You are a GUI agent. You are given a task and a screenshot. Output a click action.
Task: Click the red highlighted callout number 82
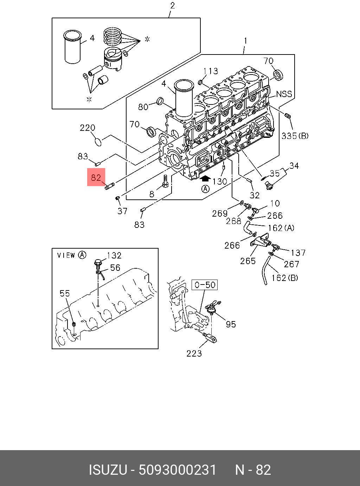tap(96, 178)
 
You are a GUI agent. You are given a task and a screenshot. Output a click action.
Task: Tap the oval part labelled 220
tap(99, 142)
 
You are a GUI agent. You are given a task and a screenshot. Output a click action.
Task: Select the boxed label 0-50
tap(205, 284)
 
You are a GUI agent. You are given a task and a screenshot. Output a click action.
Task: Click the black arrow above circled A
tap(205, 179)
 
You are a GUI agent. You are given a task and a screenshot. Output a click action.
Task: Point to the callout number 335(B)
tap(295, 136)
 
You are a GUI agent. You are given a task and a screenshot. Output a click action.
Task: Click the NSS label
tap(284, 94)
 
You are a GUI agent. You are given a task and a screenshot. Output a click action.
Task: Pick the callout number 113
tap(211, 71)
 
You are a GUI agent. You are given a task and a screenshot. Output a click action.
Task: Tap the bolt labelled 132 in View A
tap(98, 262)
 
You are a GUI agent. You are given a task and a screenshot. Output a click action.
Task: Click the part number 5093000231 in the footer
tap(178, 470)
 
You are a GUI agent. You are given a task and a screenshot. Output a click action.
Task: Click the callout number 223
tap(194, 353)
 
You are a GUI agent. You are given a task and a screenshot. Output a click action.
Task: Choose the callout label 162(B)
tap(285, 278)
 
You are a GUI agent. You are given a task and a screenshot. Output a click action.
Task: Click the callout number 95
tap(231, 324)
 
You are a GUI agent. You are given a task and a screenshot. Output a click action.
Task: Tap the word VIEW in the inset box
tap(66, 255)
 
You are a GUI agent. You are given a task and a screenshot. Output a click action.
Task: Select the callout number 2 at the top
tap(172, 6)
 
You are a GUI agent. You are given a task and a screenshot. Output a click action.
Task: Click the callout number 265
tap(248, 261)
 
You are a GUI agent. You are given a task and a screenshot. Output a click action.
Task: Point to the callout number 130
tap(220, 181)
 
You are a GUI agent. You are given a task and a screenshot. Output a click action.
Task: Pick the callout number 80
tap(143, 107)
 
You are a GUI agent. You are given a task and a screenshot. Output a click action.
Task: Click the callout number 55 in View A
tap(65, 293)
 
